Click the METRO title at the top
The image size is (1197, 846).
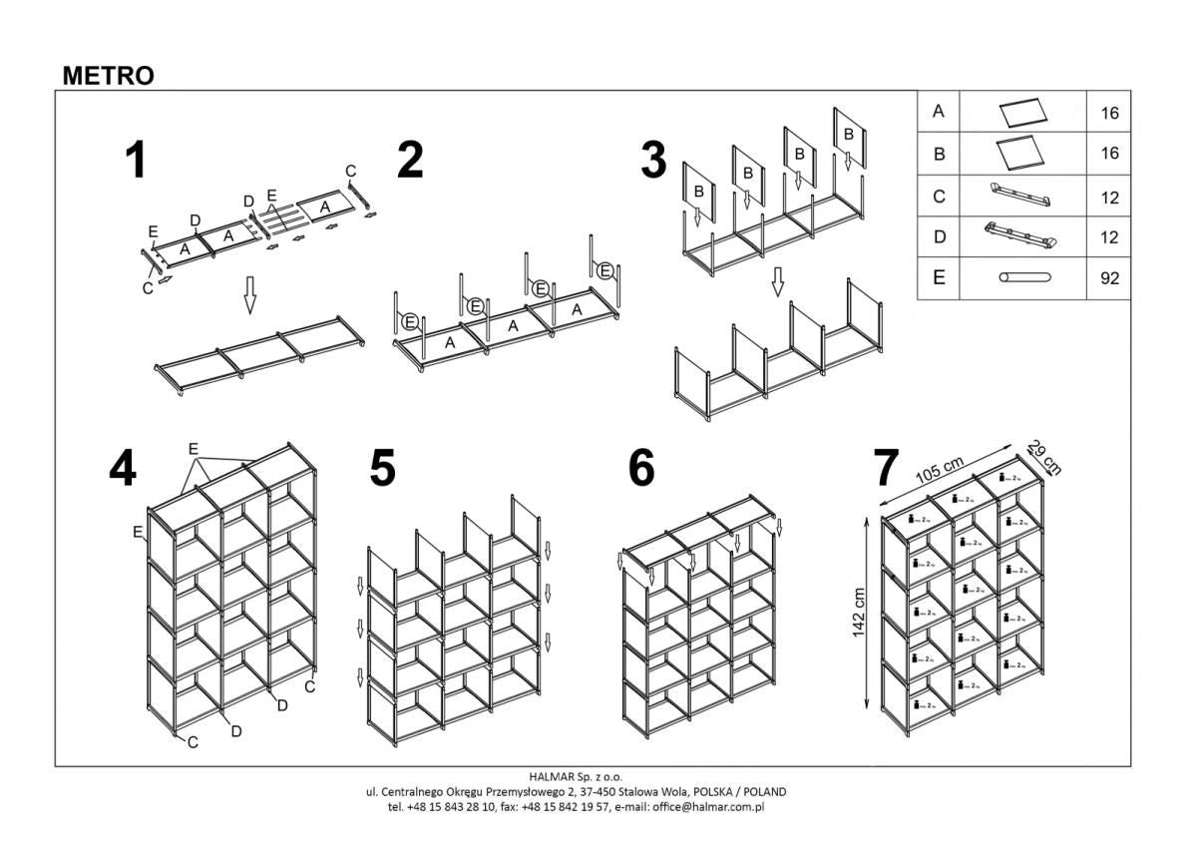(108, 76)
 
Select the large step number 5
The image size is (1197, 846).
(382, 468)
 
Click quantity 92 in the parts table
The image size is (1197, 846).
(1109, 279)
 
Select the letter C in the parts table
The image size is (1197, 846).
(938, 197)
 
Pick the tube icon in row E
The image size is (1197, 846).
(1022, 278)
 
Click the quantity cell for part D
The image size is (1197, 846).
(1109, 237)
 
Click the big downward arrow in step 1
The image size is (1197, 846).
(250, 295)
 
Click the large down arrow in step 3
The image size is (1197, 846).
(778, 282)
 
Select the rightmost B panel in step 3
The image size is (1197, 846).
(849, 134)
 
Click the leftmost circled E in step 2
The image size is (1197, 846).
(409, 320)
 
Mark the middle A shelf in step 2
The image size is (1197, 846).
(513, 325)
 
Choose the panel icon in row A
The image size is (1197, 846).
(1022, 111)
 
